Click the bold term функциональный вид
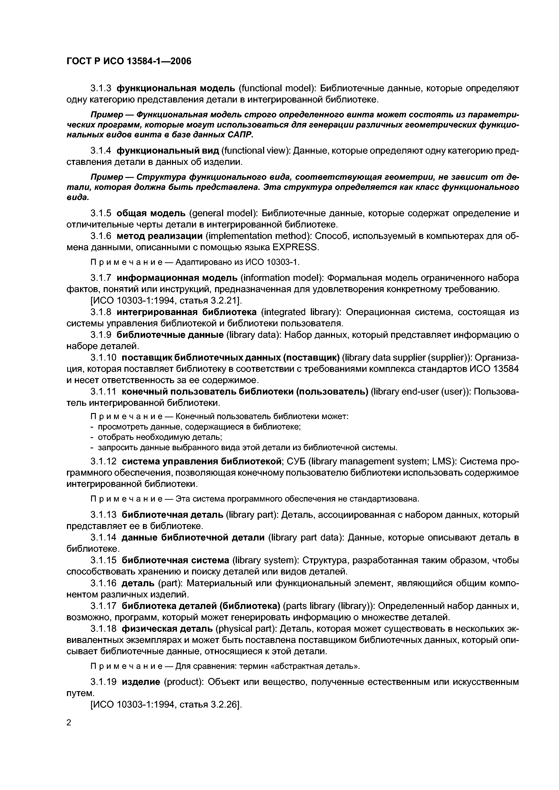pos(168,151)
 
